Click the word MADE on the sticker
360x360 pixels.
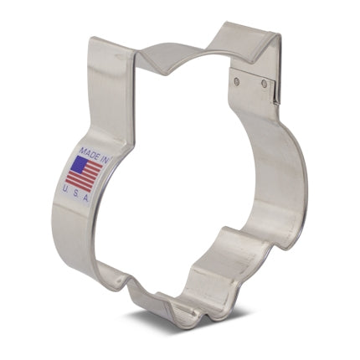(89, 153)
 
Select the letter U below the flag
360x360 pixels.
(64, 189)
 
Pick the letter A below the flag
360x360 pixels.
(85, 198)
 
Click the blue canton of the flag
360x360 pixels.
(78, 164)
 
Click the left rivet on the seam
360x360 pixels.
(237, 81)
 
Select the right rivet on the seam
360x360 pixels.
(264, 82)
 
